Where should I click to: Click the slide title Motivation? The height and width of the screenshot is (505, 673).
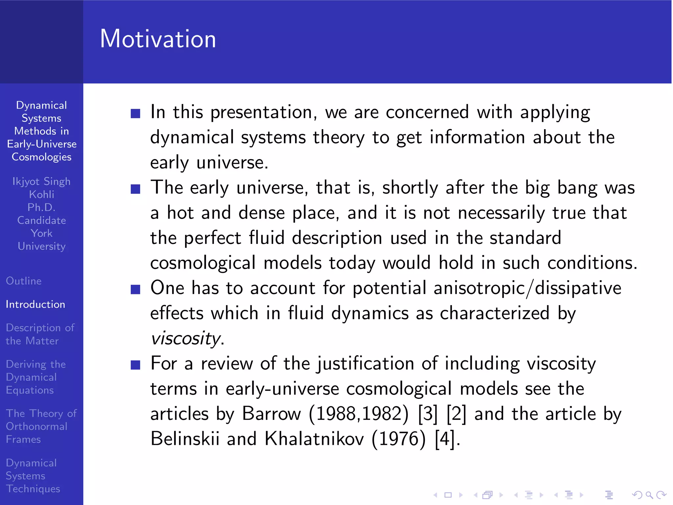158,39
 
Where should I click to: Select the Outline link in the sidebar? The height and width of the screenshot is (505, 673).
24,281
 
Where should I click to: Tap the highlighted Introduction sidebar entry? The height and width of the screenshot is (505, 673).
35,304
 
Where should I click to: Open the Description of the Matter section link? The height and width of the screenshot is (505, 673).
40,334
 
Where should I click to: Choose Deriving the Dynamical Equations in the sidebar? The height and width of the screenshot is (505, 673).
35,377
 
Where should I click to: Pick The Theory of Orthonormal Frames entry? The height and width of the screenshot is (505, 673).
41,426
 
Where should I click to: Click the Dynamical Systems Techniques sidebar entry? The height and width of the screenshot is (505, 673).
33,476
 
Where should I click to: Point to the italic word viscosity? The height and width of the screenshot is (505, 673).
186,338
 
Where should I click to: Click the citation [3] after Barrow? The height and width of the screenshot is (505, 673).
428,414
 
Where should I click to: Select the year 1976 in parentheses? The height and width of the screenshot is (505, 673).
399,439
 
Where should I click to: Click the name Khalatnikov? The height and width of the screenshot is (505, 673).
314,439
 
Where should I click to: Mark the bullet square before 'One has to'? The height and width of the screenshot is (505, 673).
135,289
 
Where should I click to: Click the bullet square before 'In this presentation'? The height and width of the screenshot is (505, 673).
135,113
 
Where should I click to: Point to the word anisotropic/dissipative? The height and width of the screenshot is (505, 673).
527,288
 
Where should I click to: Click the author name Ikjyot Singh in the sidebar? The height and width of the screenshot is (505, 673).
41,181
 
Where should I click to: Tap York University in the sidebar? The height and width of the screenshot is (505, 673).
41,240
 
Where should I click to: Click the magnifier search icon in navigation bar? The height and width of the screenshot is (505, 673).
649,495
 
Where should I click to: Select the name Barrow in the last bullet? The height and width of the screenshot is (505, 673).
271,414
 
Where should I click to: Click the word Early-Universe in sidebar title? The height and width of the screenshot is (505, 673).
42,144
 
